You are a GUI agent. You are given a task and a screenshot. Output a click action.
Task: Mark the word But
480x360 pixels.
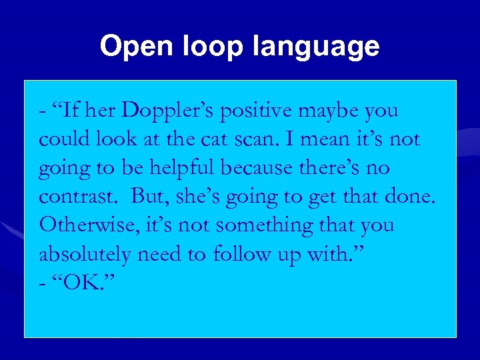147,197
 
